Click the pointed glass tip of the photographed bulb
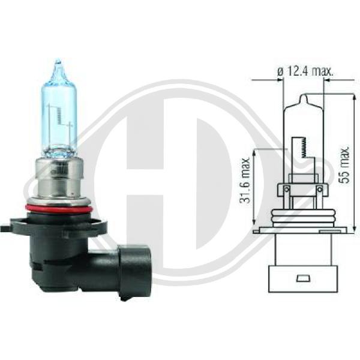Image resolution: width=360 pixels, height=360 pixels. coord(58,62)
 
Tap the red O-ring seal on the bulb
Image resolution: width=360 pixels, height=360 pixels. coord(59,209)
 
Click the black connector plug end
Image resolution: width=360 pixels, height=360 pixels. coord(135,272)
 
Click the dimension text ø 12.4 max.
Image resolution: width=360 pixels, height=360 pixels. coord(305,71)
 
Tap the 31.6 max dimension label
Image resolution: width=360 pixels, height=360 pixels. coord(245,180)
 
